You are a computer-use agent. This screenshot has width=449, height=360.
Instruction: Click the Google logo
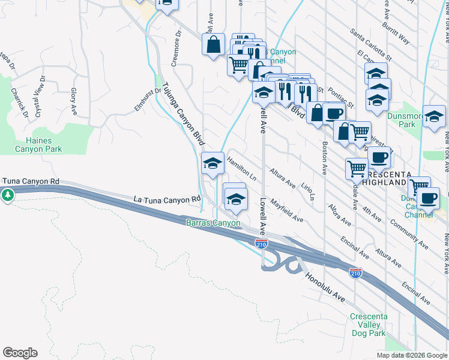click(x=20, y=353)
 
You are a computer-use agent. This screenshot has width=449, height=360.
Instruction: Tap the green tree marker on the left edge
click(x=7, y=195)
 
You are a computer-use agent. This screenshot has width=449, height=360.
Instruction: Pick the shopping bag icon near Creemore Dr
click(x=213, y=44)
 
